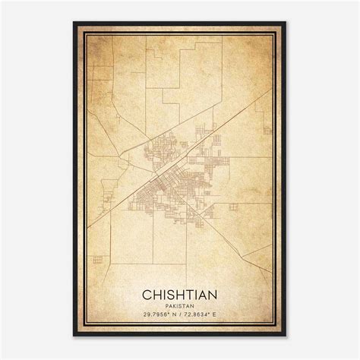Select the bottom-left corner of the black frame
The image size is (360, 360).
click(x=74, y=336)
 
